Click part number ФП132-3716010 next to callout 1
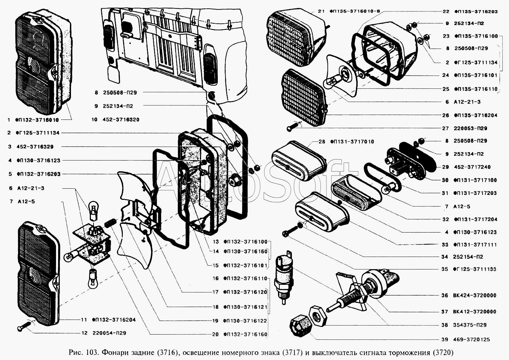37,120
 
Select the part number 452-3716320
121,119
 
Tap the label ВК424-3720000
474,295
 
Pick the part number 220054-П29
109,333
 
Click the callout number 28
321,141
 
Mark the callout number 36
445,295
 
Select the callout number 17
216,292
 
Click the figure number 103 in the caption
92,352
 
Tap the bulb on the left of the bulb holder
70,257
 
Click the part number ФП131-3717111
475,245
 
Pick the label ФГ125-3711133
475,269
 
